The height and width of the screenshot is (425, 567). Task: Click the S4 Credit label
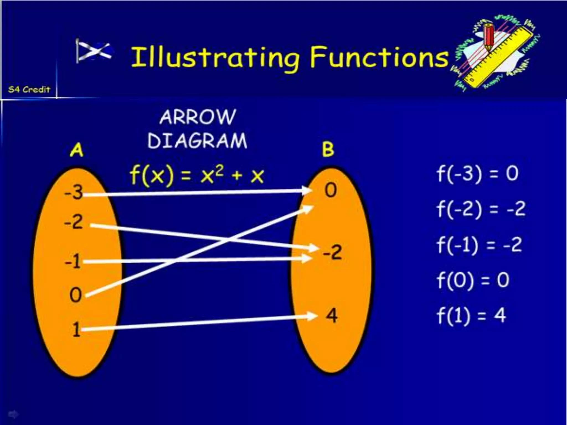click(29, 89)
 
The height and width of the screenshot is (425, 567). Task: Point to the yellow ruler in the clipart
click(498, 58)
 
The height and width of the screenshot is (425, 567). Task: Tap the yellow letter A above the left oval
click(77, 150)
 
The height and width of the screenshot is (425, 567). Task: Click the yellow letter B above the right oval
click(328, 149)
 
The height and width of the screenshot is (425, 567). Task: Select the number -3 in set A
click(73, 192)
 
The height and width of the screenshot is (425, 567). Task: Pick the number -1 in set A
click(73, 261)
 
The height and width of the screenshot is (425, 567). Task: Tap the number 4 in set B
click(332, 315)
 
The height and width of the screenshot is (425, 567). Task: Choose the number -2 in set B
click(333, 252)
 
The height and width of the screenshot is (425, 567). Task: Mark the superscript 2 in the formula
click(219, 170)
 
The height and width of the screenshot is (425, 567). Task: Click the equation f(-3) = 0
click(477, 174)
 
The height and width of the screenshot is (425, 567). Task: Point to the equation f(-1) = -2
click(479, 245)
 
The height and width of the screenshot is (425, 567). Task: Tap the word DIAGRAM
click(197, 141)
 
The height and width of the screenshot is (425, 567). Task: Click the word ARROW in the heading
click(198, 117)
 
